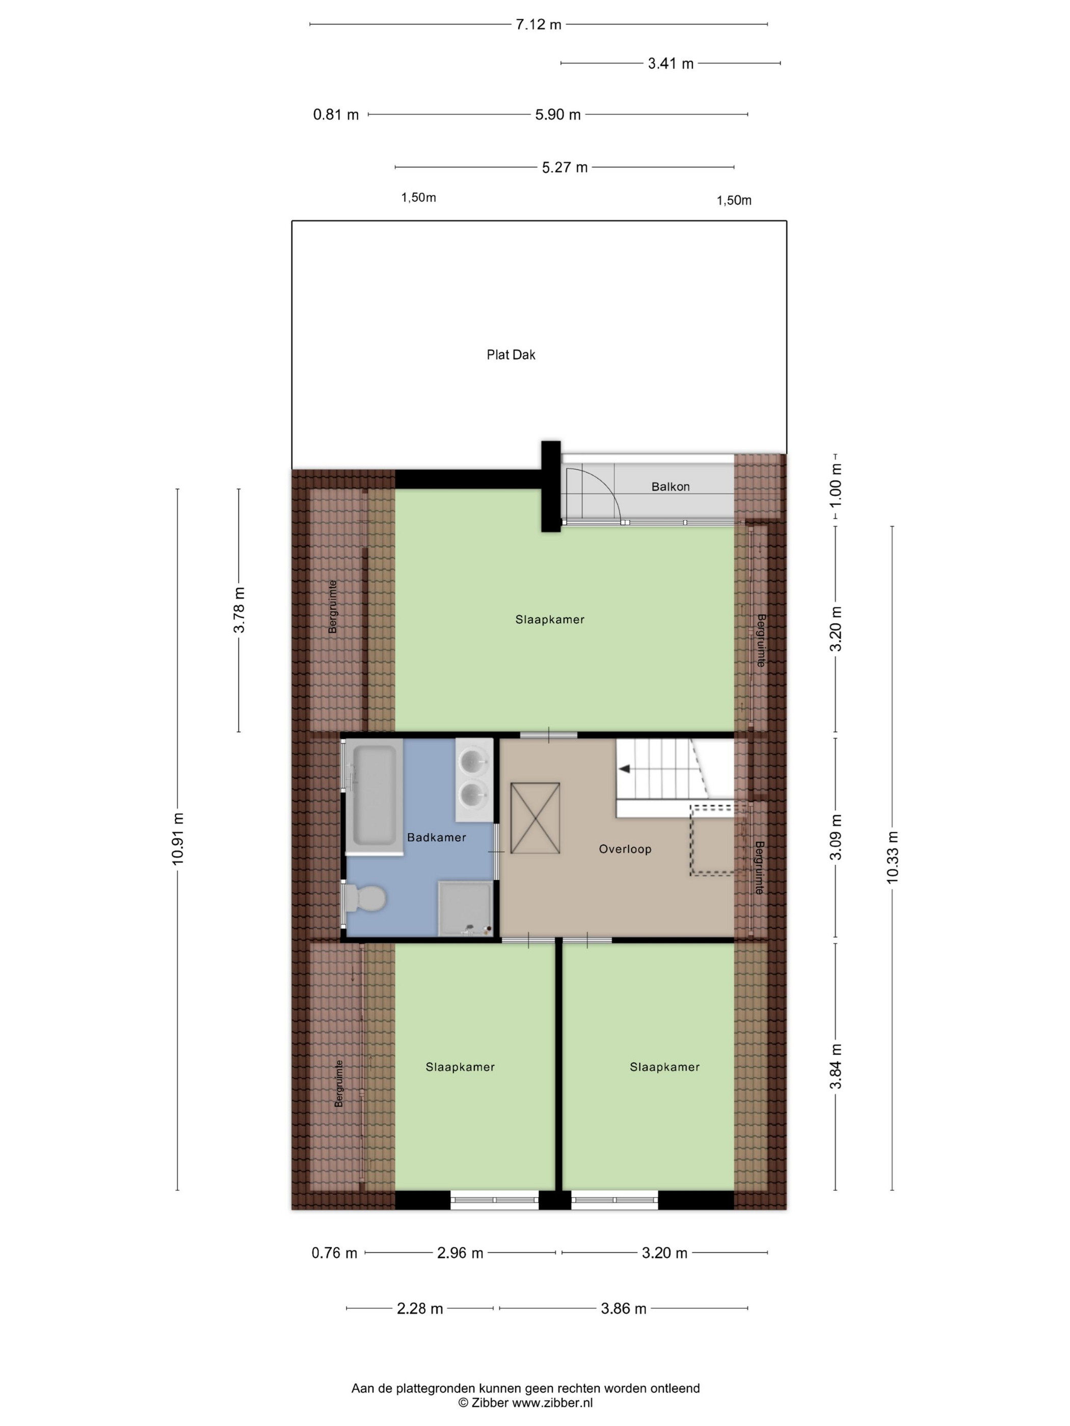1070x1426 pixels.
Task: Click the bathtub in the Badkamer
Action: click(374, 798)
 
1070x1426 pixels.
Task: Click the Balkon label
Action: click(670, 487)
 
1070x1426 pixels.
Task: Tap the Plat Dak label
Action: click(511, 354)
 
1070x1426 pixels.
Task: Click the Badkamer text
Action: click(436, 837)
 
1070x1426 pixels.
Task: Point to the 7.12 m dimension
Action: click(539, 24)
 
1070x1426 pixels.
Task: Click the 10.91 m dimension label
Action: click(178, 838)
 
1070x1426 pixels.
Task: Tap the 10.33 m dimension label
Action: click(892, 857)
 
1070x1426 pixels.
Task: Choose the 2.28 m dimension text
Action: click(420, 1309)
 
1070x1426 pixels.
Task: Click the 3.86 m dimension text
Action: click(623, 1309)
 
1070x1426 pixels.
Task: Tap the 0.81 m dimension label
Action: click(335, 115)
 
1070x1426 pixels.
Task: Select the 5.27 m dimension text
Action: click(565, 168)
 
